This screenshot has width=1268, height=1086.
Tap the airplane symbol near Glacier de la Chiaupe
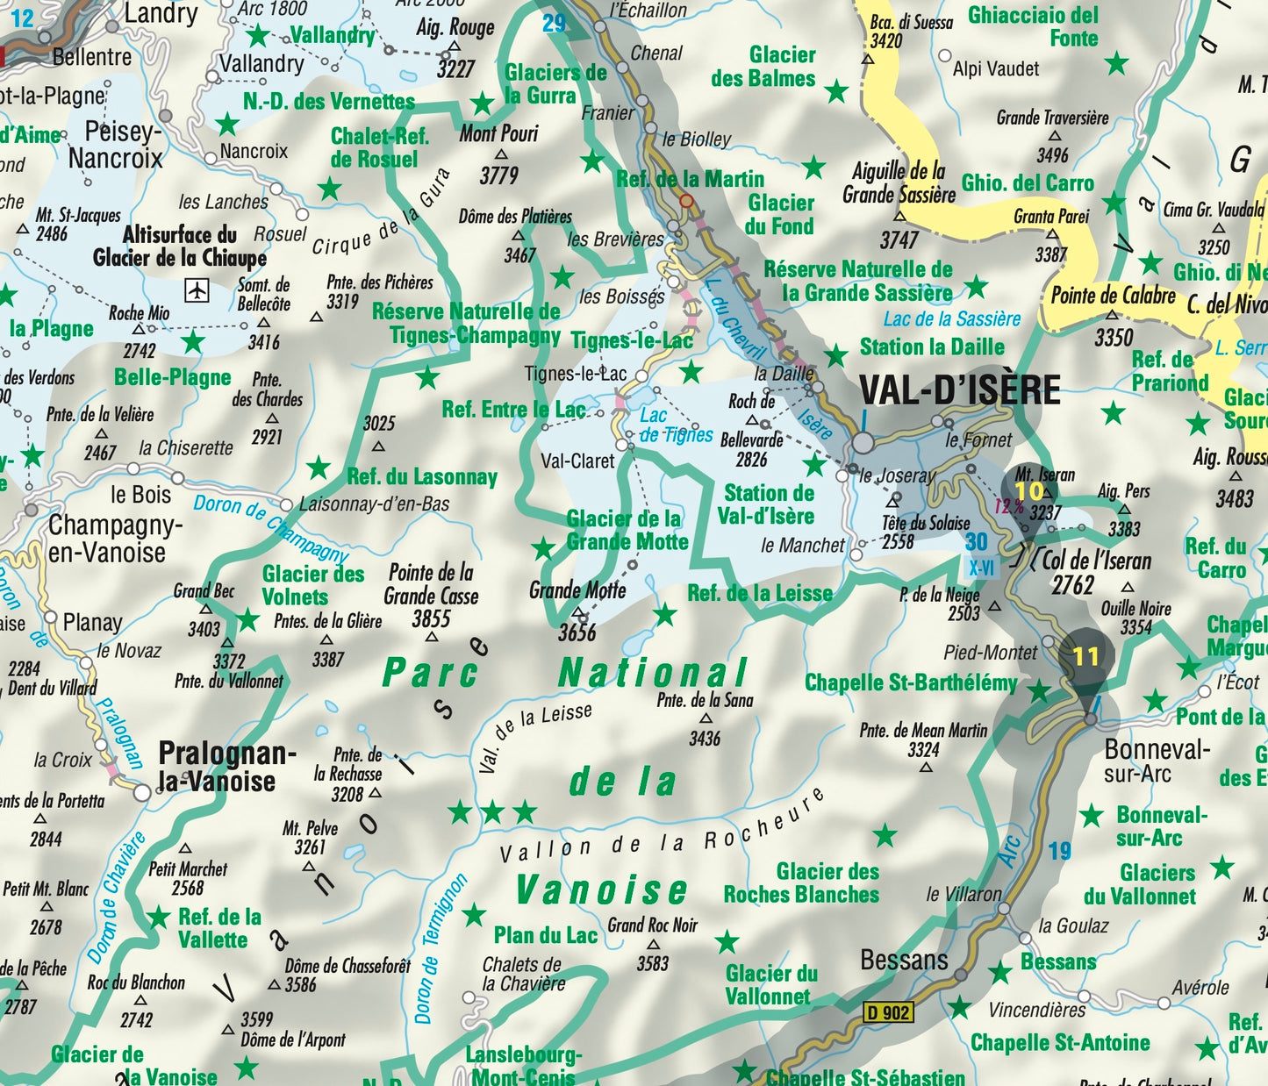(197, 289)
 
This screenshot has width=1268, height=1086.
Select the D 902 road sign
(888, 1012)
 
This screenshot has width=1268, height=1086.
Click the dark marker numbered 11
(1085, 656)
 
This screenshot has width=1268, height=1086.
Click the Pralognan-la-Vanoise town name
(226, 767)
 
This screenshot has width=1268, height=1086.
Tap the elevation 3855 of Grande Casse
(431, 618)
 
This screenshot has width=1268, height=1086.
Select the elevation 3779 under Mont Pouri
(498, 175)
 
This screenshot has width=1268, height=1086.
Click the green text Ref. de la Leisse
(760, 594)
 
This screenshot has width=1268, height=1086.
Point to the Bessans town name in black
(904, 960)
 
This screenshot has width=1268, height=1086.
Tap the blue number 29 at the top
(554, 24)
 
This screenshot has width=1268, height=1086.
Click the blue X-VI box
(981, 568)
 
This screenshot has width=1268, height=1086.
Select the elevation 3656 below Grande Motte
(577, 632)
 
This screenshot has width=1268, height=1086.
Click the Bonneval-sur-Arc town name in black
(1157, 761)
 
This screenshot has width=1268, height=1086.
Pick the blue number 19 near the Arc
(1060, 851)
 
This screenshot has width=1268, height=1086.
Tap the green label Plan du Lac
(545, 935)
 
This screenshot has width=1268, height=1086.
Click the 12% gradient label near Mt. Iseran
(1008, 506)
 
